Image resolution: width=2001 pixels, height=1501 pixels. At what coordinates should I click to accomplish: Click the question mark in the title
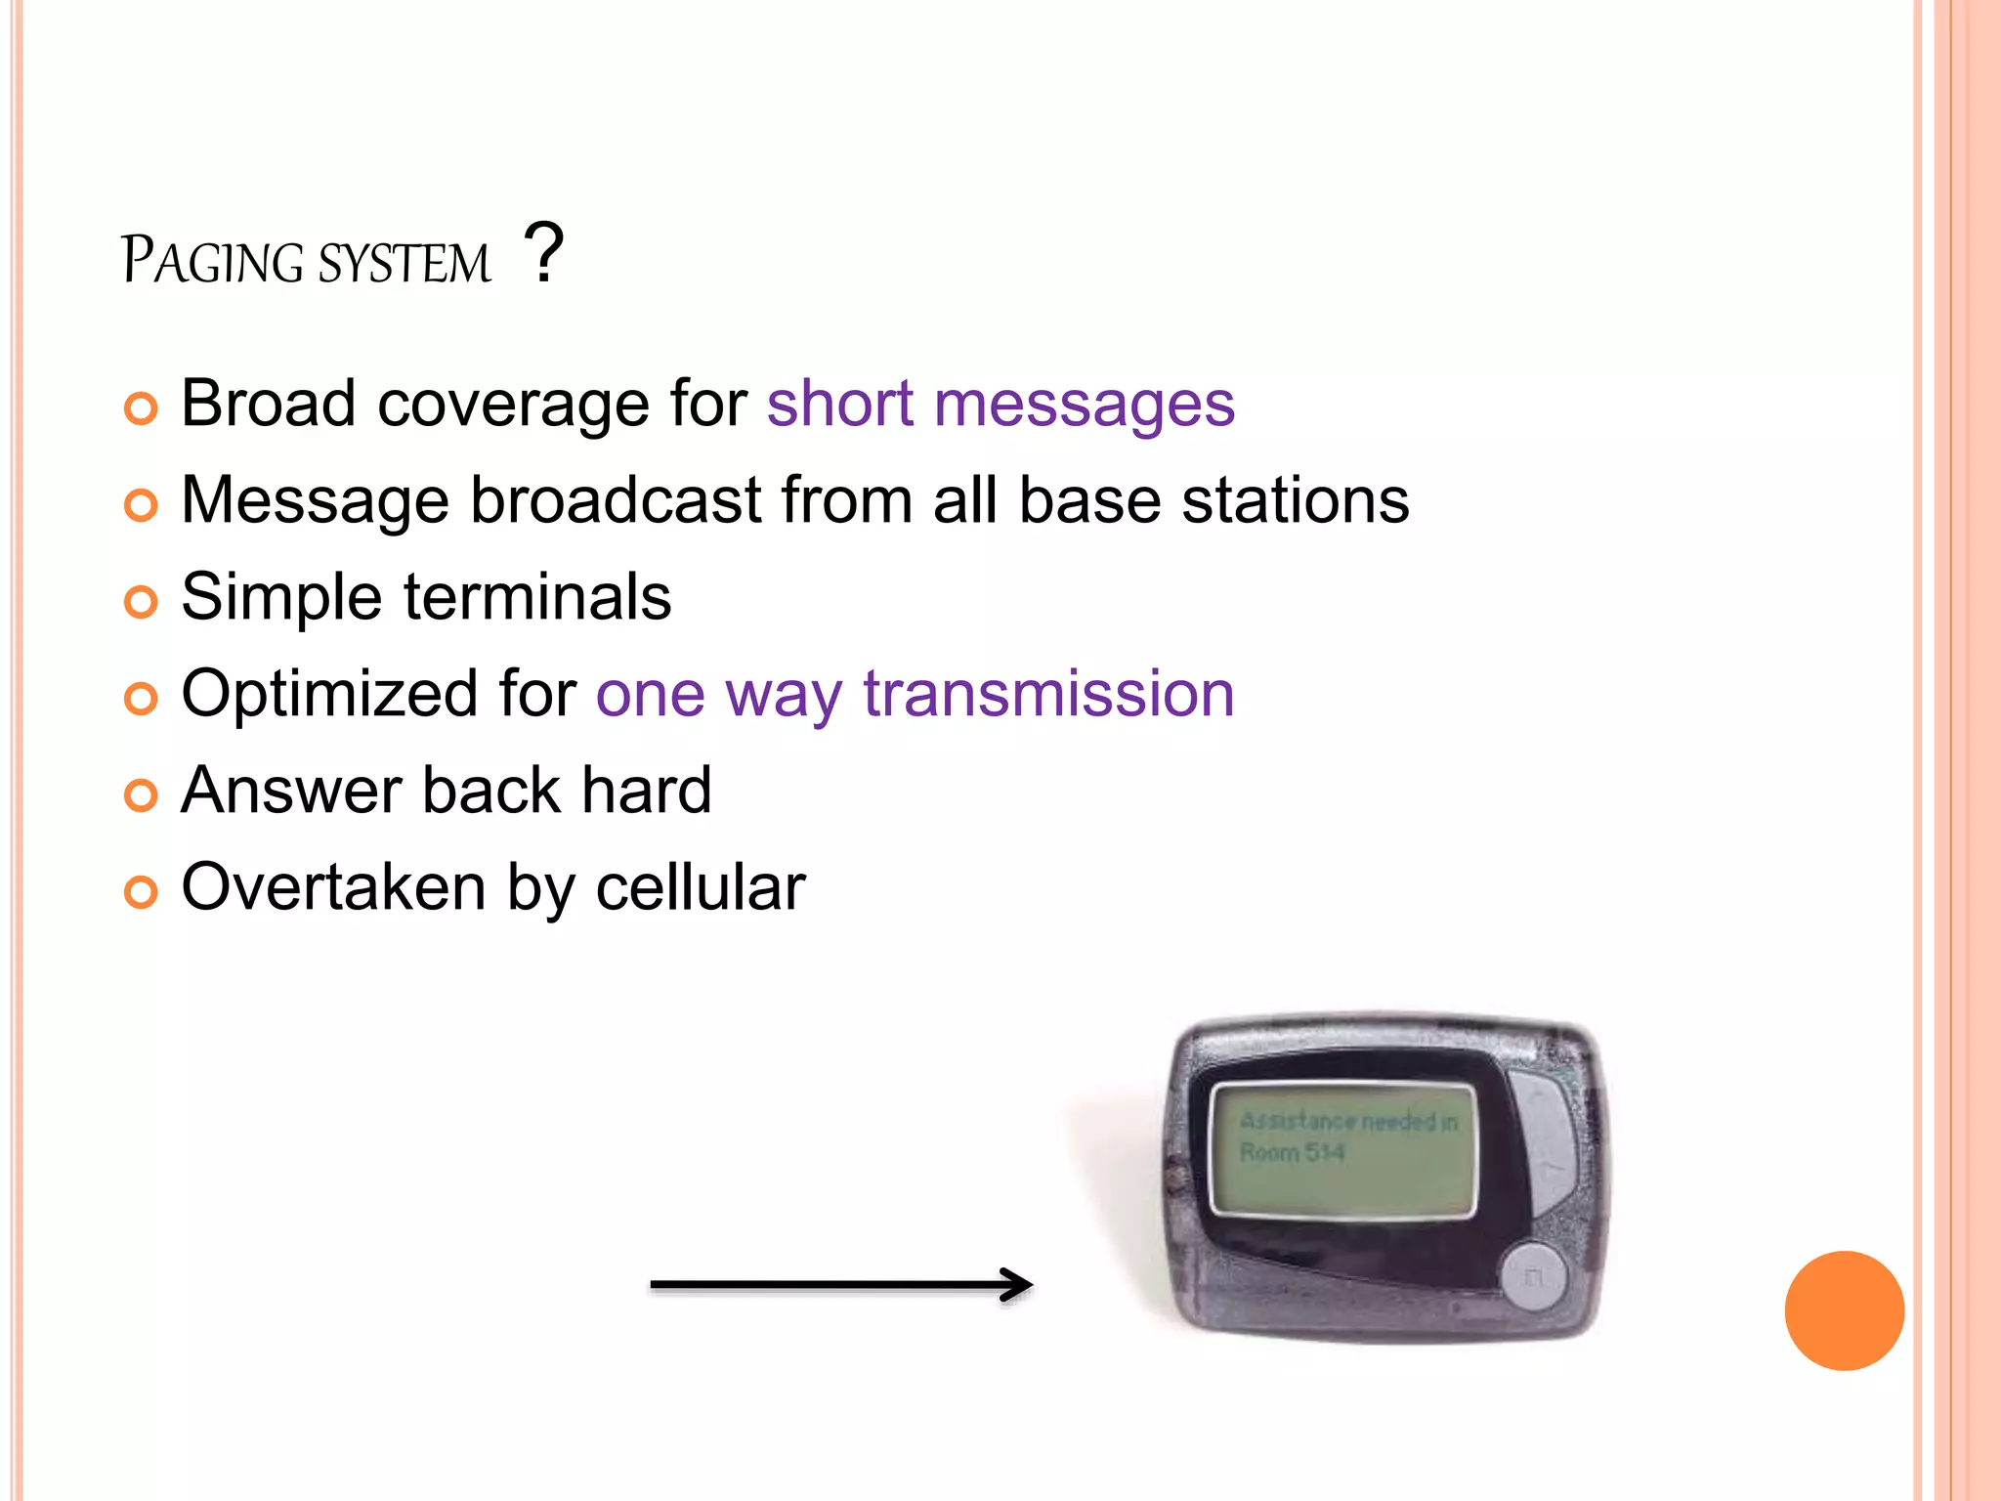[543, 252]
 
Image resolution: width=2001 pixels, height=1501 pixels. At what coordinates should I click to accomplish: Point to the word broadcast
[616, 500]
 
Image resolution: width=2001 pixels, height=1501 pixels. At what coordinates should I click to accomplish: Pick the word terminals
[537, 597]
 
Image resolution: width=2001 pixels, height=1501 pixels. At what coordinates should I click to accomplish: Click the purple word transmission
[1048, 694]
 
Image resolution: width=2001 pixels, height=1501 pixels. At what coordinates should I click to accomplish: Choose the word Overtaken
[333, 887]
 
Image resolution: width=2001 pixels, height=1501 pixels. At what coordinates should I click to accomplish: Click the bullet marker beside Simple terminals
[141, 602]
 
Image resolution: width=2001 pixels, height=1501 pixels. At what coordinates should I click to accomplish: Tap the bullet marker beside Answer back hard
[141, 795]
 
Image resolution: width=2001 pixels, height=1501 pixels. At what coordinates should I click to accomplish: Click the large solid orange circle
[1844, 1310]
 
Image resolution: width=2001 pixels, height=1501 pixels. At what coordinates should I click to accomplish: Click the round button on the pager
[1532, 1275]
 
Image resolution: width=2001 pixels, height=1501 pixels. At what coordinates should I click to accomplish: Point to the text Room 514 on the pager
[1292, 1153]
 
